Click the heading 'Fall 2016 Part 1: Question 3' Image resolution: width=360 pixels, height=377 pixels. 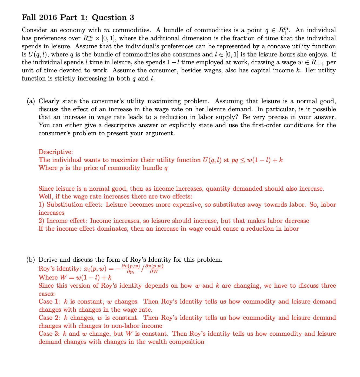click(x=78, y=18)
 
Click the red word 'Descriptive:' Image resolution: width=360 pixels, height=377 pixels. click(x=56, y=152)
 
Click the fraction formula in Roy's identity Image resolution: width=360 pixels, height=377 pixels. click(x=142, y=269)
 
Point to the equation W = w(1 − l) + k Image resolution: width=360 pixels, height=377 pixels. click(x=75, y=278)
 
